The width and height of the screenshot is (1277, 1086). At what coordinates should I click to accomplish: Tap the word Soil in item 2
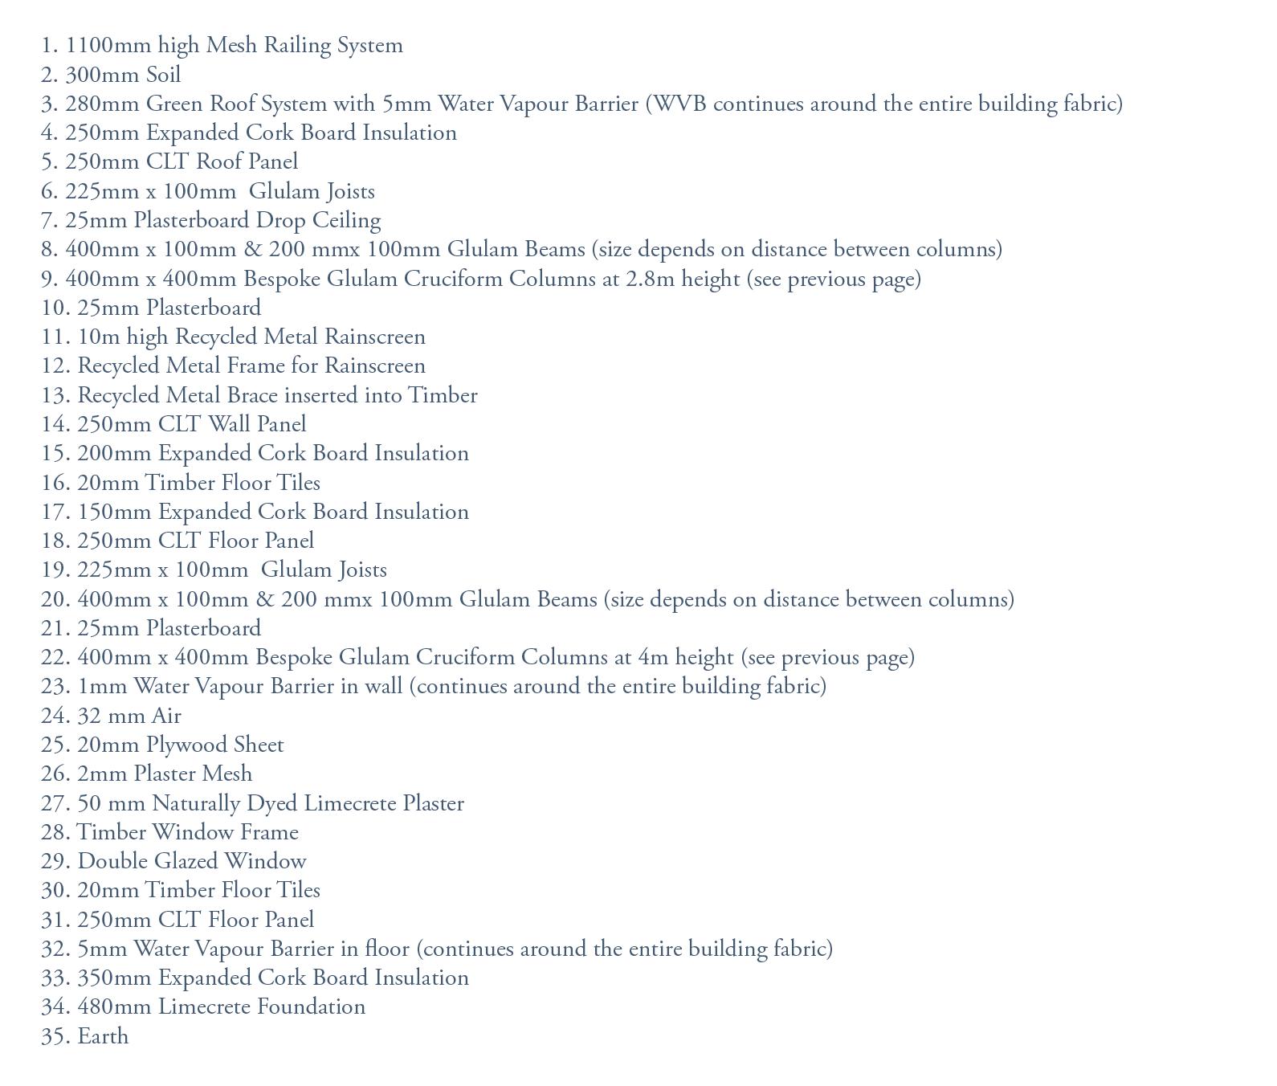pyautogui.click(x=163, y=75)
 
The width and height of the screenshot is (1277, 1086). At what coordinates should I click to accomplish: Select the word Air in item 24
pyautogui.click(x=166, y=717)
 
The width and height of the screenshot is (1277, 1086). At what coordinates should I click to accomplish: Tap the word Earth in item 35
pyautogui.click(x=103, y=1037)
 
